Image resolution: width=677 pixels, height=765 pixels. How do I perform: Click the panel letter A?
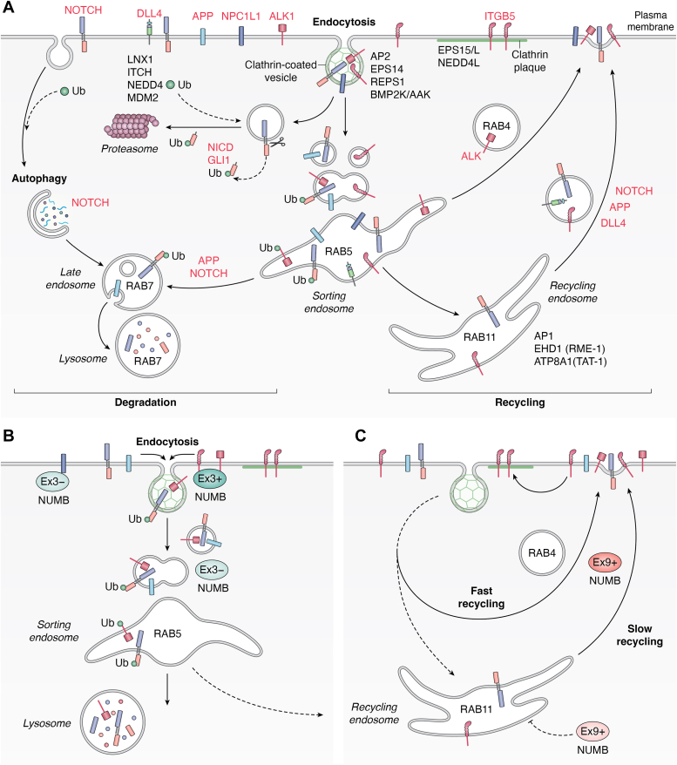(10, 8)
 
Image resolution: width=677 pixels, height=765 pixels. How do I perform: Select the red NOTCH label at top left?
(83, 10)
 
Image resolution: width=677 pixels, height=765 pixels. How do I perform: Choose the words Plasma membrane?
(651, 21)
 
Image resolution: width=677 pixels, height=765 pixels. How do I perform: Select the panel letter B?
(9, 432)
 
